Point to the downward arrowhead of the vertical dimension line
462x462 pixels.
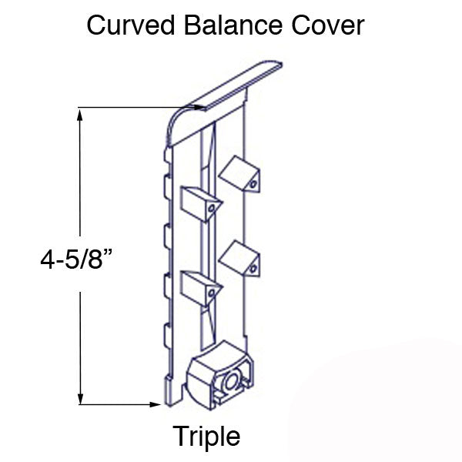[x=79, y=398]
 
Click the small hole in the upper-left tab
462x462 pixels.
[x=211, y=213]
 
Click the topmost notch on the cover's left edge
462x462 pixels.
[x=166, y=185]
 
